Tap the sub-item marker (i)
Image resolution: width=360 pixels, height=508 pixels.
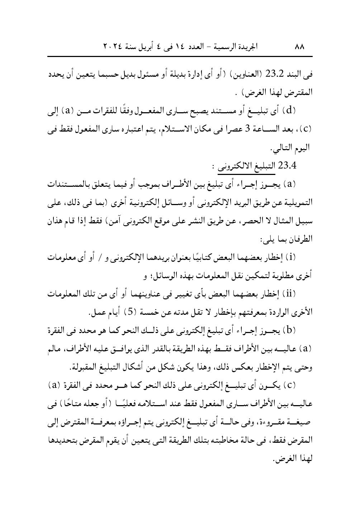291,257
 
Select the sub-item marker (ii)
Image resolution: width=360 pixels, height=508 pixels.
290,294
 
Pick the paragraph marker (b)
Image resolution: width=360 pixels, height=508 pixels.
289,331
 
